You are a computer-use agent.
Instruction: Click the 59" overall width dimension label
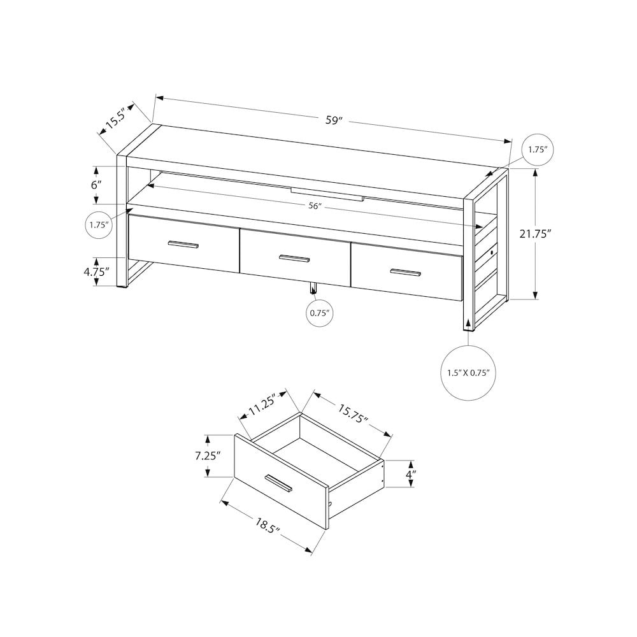(x=334, y=120)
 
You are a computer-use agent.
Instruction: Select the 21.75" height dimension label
(x=534, y=234)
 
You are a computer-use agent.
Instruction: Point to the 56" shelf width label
(x=315, y=206)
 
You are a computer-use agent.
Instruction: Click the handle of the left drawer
(x=183, y=245)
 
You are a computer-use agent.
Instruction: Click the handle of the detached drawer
(x=279, y=483)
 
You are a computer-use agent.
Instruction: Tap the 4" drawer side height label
(x=412, y=475)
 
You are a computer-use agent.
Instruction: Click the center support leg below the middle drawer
(x=313, y=289)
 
